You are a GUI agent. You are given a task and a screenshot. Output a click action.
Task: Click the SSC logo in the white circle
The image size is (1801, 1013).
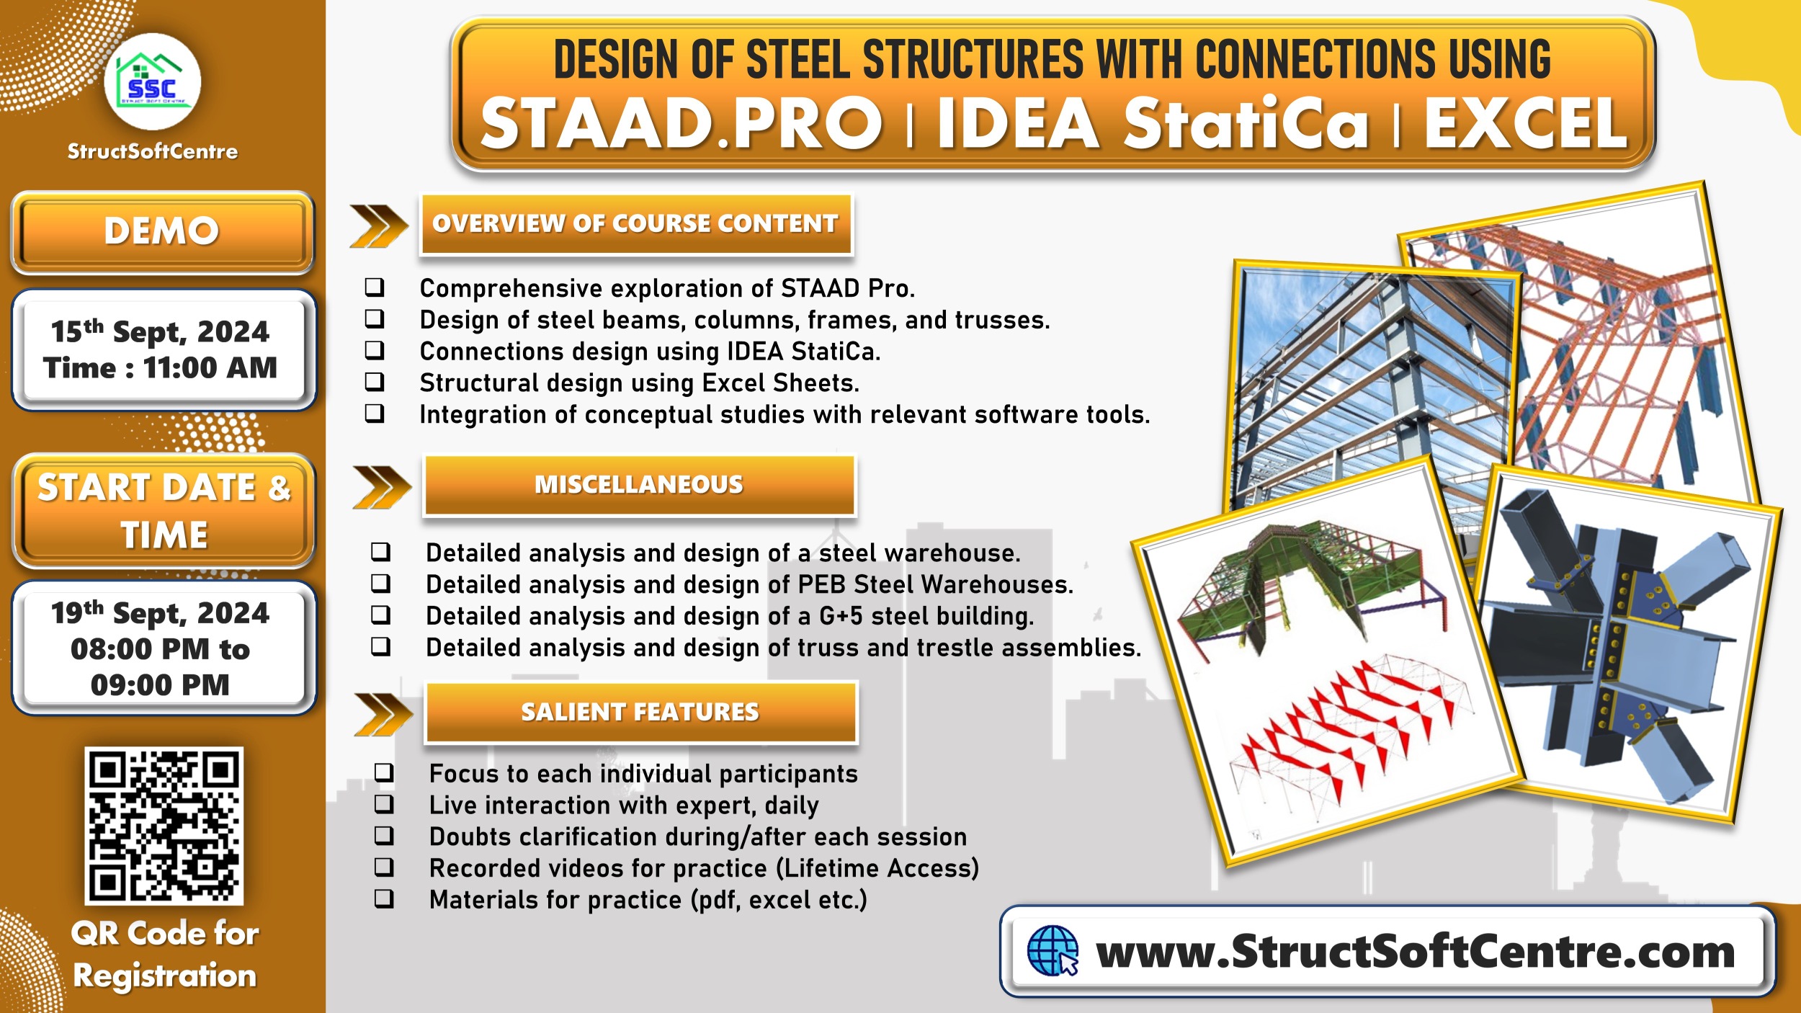point(152,81)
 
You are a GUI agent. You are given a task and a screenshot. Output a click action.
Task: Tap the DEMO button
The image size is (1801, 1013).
point(162,232)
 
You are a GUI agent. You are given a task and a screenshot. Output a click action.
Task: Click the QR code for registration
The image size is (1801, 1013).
point(164,825)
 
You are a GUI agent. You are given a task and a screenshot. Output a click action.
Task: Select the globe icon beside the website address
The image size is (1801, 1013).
point(1052,951)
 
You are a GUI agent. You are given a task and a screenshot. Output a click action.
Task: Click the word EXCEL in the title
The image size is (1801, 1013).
point(1526,124)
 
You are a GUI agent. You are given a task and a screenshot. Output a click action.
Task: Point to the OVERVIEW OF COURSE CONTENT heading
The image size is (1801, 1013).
point(635,224)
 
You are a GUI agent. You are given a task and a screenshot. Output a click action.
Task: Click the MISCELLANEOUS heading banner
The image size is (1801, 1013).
point(639,485)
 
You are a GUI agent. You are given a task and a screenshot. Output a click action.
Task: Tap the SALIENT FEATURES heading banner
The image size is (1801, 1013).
point(640,712)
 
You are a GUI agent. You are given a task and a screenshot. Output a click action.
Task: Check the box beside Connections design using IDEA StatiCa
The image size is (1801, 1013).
point(375,350)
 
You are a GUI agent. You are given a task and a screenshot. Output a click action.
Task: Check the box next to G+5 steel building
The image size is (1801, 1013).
point(380,615)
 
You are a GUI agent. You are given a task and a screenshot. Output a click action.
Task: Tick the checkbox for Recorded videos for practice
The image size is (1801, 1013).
point(384,867)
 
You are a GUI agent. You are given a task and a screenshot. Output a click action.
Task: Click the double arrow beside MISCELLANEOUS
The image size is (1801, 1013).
point(381,487)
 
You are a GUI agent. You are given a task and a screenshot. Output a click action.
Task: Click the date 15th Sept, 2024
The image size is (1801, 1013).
point(160,332)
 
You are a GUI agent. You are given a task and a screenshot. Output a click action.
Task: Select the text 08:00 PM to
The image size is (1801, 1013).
point(160,649)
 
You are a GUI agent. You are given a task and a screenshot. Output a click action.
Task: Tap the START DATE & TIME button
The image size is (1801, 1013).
point(164,511)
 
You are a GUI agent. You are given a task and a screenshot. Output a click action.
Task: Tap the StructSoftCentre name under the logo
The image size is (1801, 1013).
point(153,152)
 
